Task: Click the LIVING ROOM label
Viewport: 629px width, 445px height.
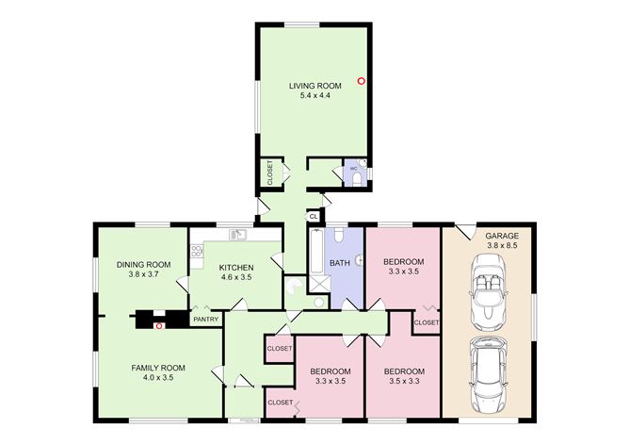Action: click(x=314, y=86)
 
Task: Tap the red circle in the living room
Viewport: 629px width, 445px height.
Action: click(x=362, y=81)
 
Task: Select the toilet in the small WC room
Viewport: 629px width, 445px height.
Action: click(x=363, y=173)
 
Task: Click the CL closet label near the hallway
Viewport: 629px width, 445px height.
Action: click(x=313, y=216)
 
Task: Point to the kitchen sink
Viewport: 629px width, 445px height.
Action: click(x=239, y=234)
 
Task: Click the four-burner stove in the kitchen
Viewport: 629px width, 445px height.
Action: click(x=196, y=251)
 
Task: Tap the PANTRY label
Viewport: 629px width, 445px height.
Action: click(x=205, y=320)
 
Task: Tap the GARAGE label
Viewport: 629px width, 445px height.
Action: click(x=500, y=236)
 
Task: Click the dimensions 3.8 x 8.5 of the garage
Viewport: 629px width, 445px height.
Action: click(x=500, y=245)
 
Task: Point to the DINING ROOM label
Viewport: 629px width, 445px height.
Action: click(x=143, y=264)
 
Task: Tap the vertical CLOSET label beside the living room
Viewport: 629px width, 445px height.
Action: click(x=268, y=173)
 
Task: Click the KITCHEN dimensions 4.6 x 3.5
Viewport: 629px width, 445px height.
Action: click(x=235, y=277)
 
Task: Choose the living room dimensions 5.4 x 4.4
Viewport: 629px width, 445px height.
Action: click(x=314, y=95)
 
